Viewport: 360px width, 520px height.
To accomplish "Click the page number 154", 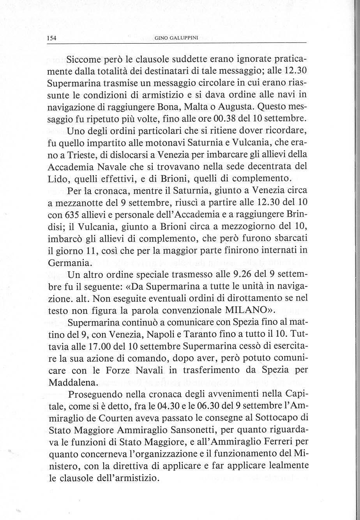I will pos(51,38).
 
